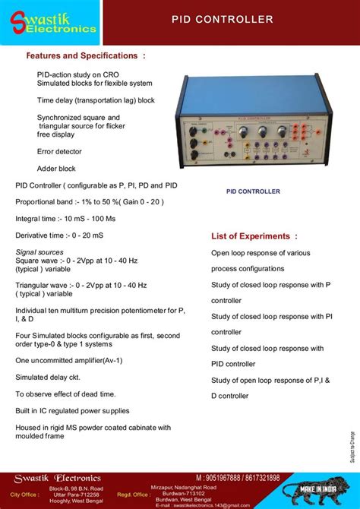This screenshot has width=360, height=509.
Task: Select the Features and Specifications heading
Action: point(85,56)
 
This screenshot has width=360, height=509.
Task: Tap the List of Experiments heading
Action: point(254,236)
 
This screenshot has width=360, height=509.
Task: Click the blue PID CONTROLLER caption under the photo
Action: point(254,192)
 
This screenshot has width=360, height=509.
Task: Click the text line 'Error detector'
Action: point(59,152)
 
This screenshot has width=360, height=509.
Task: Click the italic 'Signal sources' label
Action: point(39,251)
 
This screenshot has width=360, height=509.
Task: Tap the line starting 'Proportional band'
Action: point(90,202)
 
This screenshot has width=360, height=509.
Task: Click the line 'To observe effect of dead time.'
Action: point(65,394)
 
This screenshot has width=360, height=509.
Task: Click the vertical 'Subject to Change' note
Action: point(352,448)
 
